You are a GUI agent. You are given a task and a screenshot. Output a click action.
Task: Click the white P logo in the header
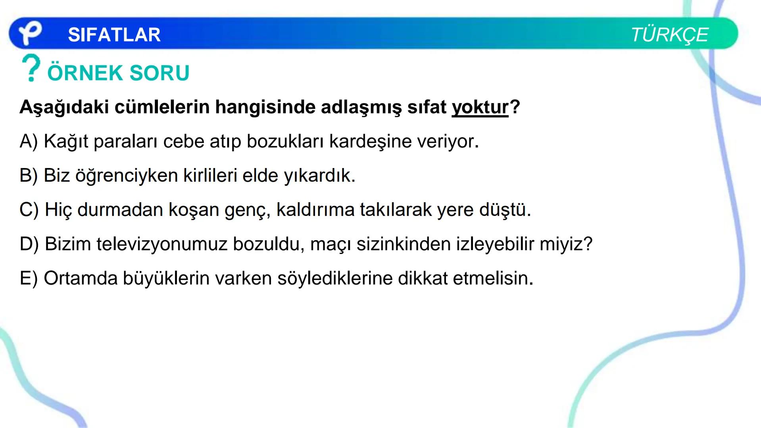(30, 34)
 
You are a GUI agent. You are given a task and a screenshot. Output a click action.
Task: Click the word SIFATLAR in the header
(114, 35)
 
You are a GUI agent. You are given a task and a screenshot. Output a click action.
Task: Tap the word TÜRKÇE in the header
(669, 35)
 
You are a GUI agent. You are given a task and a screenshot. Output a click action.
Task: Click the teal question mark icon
(31, 68)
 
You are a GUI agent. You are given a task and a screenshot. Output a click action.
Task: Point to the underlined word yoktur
(480, 107)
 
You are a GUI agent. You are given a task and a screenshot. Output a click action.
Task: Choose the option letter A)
(29, 141)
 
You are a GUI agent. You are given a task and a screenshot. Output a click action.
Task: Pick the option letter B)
(29, 176)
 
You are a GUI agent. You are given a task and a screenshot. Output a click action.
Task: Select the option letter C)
(29, 210)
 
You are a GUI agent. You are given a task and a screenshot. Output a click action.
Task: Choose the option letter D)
(29, 244)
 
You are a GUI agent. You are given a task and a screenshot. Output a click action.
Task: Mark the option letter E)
(29, 278)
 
